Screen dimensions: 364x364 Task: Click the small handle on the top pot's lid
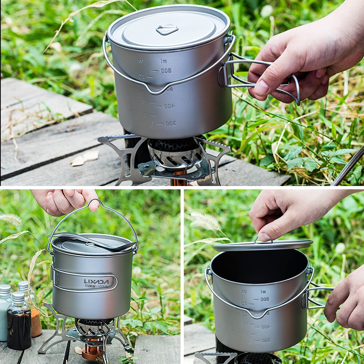[x=167, y=29]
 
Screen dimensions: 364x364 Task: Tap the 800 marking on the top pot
[x=166, y=71]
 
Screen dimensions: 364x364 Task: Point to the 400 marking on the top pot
[x=169, y=106]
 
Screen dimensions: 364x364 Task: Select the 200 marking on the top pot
[x=171, y=123]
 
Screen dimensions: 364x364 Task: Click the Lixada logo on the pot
[x=96, y=281]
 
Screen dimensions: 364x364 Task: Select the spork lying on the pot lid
[x=95, y=241]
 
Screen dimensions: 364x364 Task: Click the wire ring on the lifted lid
[x=263, y=241]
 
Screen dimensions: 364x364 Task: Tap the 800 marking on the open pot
[x=265, y=299]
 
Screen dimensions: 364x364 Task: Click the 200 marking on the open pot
[x=266, y=340]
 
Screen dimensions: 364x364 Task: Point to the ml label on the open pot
[x=263, y=291]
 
